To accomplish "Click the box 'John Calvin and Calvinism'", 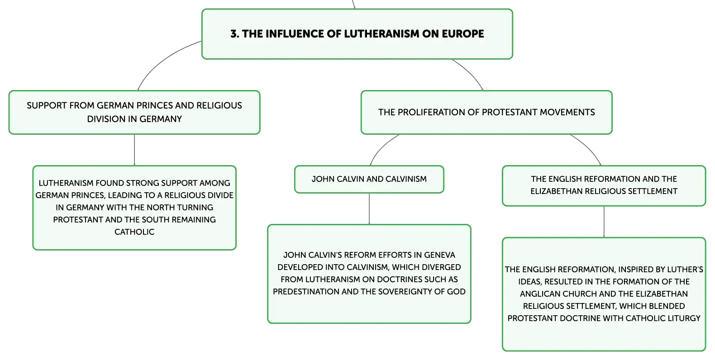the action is (369, 179).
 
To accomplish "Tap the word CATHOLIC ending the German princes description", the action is (134, 232).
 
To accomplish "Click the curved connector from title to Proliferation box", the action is (470, 73).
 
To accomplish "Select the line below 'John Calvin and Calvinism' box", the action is (369, 209).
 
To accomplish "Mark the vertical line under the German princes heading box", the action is (134, 150).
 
